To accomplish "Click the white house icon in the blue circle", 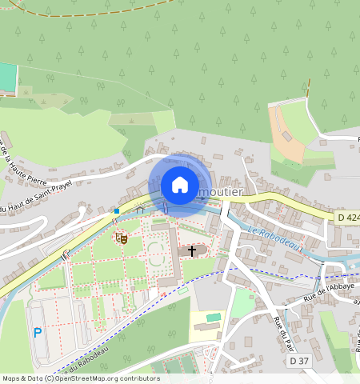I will click(x=180, y=185).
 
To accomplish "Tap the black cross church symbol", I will click(x=191, y=251).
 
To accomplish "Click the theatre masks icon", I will click(x=121, y=238).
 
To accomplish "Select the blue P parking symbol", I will click(x=37, y=332).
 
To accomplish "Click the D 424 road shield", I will click(x=347, y=217).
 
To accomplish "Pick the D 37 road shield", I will click(x=298, y=361).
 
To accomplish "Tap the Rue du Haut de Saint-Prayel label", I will click(x=36, y=197).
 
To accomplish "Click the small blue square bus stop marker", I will click(x=117, y=211).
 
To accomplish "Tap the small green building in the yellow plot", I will click(x=213, y=318).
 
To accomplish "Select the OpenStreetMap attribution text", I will click(x=80, y=378).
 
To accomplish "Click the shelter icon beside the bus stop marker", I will click(x=140, y=210).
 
